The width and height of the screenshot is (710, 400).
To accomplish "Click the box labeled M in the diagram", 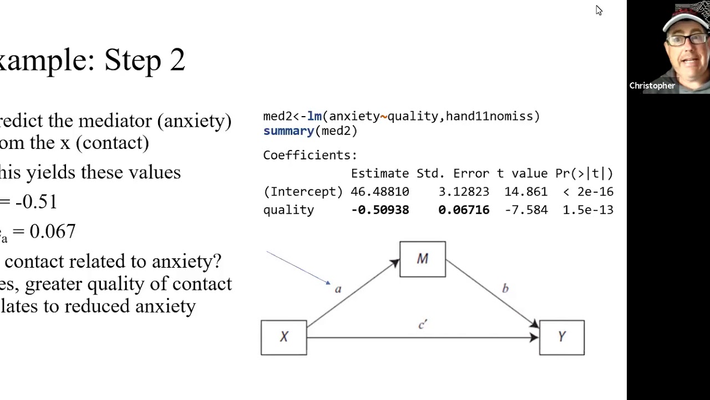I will (422, 259).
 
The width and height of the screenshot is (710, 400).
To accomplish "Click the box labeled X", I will (283, 337).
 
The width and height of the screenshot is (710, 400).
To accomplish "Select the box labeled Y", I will (561, 337).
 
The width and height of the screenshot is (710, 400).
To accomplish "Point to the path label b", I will (505, 288).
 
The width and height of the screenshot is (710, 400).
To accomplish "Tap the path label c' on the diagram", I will (423, 325).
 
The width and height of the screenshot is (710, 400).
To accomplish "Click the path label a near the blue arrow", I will (338, 289).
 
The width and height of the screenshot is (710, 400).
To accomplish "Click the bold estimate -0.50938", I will (380, 210).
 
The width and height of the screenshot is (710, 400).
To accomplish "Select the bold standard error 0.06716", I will (464, 210).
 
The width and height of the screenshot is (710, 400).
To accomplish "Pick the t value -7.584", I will (526, 210).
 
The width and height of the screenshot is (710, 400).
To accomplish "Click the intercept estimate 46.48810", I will (380, 192).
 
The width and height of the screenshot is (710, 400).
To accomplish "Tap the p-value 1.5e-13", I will (588, 210).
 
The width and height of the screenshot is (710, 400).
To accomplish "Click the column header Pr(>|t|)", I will (584, 173).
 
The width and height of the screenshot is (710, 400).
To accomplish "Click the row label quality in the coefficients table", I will (288, 210).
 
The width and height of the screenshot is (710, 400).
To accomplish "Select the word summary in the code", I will (288, 131).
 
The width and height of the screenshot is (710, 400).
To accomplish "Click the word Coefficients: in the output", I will (310, 155).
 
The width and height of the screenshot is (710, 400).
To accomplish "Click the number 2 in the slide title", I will (177, 60).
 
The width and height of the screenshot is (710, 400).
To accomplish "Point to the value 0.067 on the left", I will (52, 231).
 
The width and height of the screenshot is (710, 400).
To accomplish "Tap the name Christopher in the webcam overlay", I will (652, 86).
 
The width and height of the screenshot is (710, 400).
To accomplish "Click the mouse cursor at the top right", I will (599, 10).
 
